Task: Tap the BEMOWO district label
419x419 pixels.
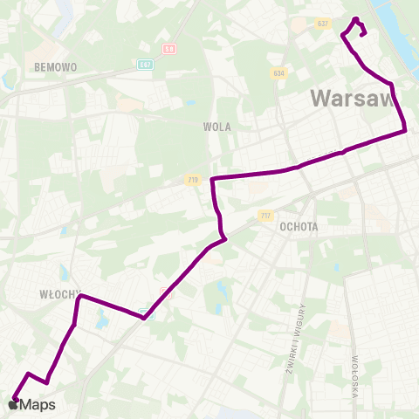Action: pyautogui.click(x=55, y=66)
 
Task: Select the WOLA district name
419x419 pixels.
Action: pyautogui.click(x=216, y=127)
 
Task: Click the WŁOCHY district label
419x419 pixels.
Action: pyautogui.click(x=60, y=294)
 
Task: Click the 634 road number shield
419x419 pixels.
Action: pyautogui.click(x=278, y=72)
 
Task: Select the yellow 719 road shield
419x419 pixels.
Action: pyautogui.click(x=194, y=180)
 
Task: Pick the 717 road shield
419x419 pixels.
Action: pyautogui.click(x=266, y=215)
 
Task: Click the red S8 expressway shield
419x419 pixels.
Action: pyautogui.click(x=169, y=50)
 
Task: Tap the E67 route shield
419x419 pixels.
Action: pyautogui.click(x=146, y=64)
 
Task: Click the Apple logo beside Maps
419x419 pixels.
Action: pyautogui.click(x=12, y=404)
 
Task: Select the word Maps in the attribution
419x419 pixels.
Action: pyautogui.click(x=38, y=404)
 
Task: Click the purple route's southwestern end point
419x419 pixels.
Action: pyautogui.click(x=15, y=399)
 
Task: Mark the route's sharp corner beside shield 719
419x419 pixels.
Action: pyautogui.click(x=213, y=179)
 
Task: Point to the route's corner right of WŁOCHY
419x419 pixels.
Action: pyautogui.click(x=80, y=297)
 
